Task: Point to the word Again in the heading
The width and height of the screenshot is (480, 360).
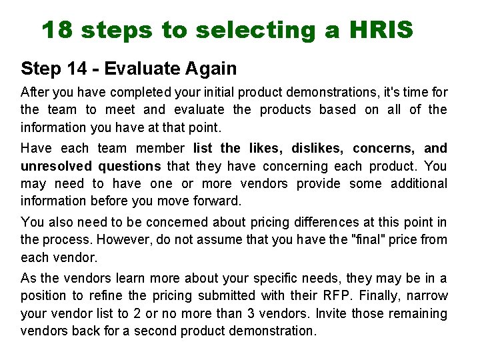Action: tap(213, 68)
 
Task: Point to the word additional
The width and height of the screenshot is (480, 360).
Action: tap(418, 183)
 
